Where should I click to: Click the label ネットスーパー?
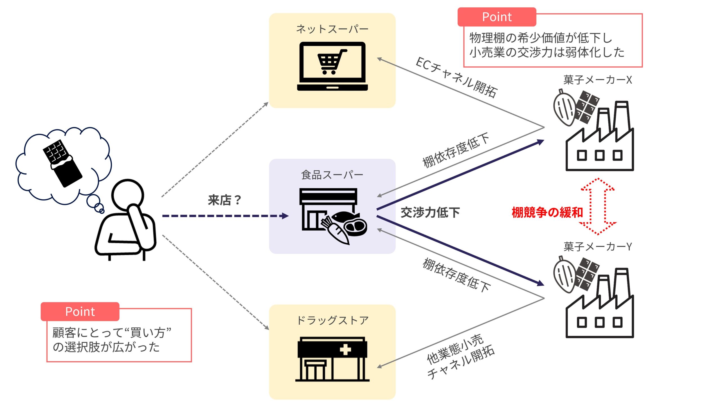click(x=332, y=29)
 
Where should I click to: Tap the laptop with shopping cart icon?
click(x=332, y=66)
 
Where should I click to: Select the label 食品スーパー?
click(x=332, y=175)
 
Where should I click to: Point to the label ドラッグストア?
click(x=332, y=320)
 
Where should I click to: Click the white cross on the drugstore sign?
click(x=345, y=350)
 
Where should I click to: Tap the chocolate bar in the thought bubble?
click(x=62, y=163)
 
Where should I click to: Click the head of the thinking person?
click(x=127, y=194)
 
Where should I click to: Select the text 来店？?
click(x=224, y=200)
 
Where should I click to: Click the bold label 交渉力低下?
click(x=430, y=212)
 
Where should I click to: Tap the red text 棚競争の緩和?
click(x=547, y=212)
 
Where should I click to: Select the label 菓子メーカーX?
click(x=597, y=80)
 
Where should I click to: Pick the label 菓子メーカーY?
click(x=597, y=247)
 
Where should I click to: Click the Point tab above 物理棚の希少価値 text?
click(x=497, y=17)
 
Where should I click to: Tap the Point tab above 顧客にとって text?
click(x=80, y=312)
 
